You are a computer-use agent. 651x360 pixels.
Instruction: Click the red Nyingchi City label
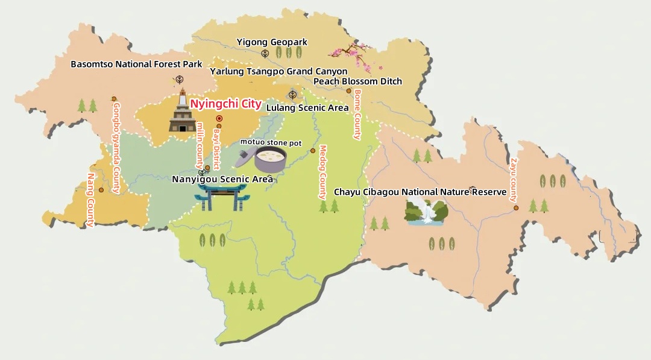click(225, 104)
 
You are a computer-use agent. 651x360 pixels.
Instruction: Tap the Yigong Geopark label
click(272, 42)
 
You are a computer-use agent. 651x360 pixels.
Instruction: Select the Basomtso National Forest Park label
click(136, 64)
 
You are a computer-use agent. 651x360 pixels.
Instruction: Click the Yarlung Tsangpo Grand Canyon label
click(278, 71)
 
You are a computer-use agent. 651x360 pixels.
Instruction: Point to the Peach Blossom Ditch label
click(357, 81)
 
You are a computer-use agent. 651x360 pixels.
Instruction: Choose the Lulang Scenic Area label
click(307, 108)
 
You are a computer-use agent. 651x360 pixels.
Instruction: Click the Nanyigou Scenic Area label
click(222, 179)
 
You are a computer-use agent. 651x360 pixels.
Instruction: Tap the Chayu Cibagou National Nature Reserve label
click(420, 192)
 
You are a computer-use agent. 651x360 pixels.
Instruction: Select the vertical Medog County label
click(322, 172)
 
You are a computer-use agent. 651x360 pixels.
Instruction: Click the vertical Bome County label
click(357, 115)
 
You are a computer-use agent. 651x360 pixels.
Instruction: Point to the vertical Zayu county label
click(514, 180)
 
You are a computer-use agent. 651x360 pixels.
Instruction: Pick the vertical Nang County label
click(91, 200)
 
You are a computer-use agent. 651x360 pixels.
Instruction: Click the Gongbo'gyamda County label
click(116, 147)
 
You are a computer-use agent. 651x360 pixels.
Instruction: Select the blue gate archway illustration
click(222, 197)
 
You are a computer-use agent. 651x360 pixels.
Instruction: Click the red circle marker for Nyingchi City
click(219, 119)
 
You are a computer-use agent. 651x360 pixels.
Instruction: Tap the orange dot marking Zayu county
click(517, 208)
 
